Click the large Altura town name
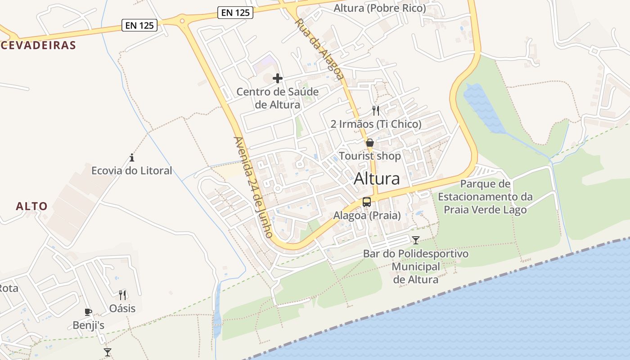click(377, 179)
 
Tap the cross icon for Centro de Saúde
click(278, 78)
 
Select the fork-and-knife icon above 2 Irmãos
click(376, 110)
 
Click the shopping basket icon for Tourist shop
click(370, 143)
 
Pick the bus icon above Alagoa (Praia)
click(367, 202)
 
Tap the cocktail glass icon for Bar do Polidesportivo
click(416, 240)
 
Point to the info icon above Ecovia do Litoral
click(132, 157)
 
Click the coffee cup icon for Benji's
click(88, 312)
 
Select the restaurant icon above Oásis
click(122, 295)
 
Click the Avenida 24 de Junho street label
click(253, 187)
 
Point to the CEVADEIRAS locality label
click(38, 45)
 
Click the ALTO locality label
click(31, 207)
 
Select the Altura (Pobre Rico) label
click(380, 8)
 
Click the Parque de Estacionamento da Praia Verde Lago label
click(485, 197)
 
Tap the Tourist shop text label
click(369, 156)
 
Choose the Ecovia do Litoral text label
click(132, 171)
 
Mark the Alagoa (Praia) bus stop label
click(367, 216)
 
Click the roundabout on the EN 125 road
click(182, 20)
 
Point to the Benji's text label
click(89, 325)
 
